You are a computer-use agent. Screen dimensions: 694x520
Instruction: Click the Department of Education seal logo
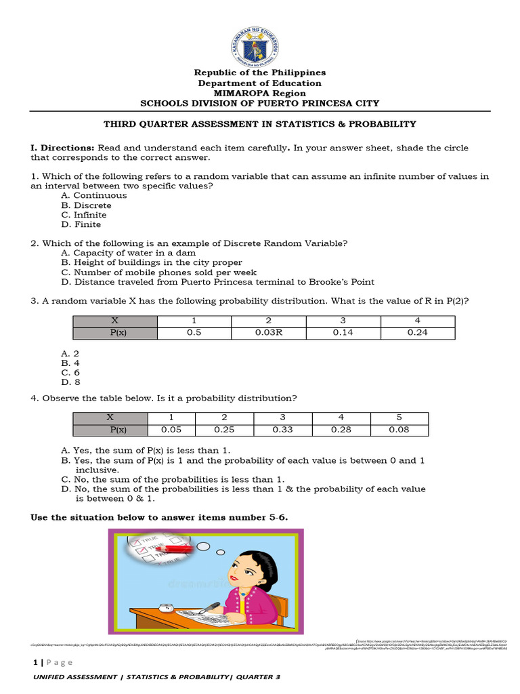coord(259,39)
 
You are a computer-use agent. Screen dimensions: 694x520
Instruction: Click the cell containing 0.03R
coord(268,333)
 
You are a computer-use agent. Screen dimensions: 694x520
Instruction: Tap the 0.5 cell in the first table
coord(195,333)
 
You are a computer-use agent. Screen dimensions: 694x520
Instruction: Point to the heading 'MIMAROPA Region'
coord(259,93)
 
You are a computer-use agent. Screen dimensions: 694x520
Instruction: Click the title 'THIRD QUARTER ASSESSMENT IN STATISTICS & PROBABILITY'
coord(259,124)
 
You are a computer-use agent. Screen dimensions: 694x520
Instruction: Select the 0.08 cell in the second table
coord(399,429)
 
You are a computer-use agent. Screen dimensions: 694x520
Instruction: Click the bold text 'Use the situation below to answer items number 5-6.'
coord(160,517)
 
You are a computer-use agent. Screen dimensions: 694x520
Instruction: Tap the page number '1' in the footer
coord(33,662)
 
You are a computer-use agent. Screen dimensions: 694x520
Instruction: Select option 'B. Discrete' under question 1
coord(86,205)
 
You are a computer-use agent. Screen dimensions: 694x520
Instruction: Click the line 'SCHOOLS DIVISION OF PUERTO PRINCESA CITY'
coord(259,103)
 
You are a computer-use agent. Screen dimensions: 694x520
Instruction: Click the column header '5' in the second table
coord(399,417)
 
